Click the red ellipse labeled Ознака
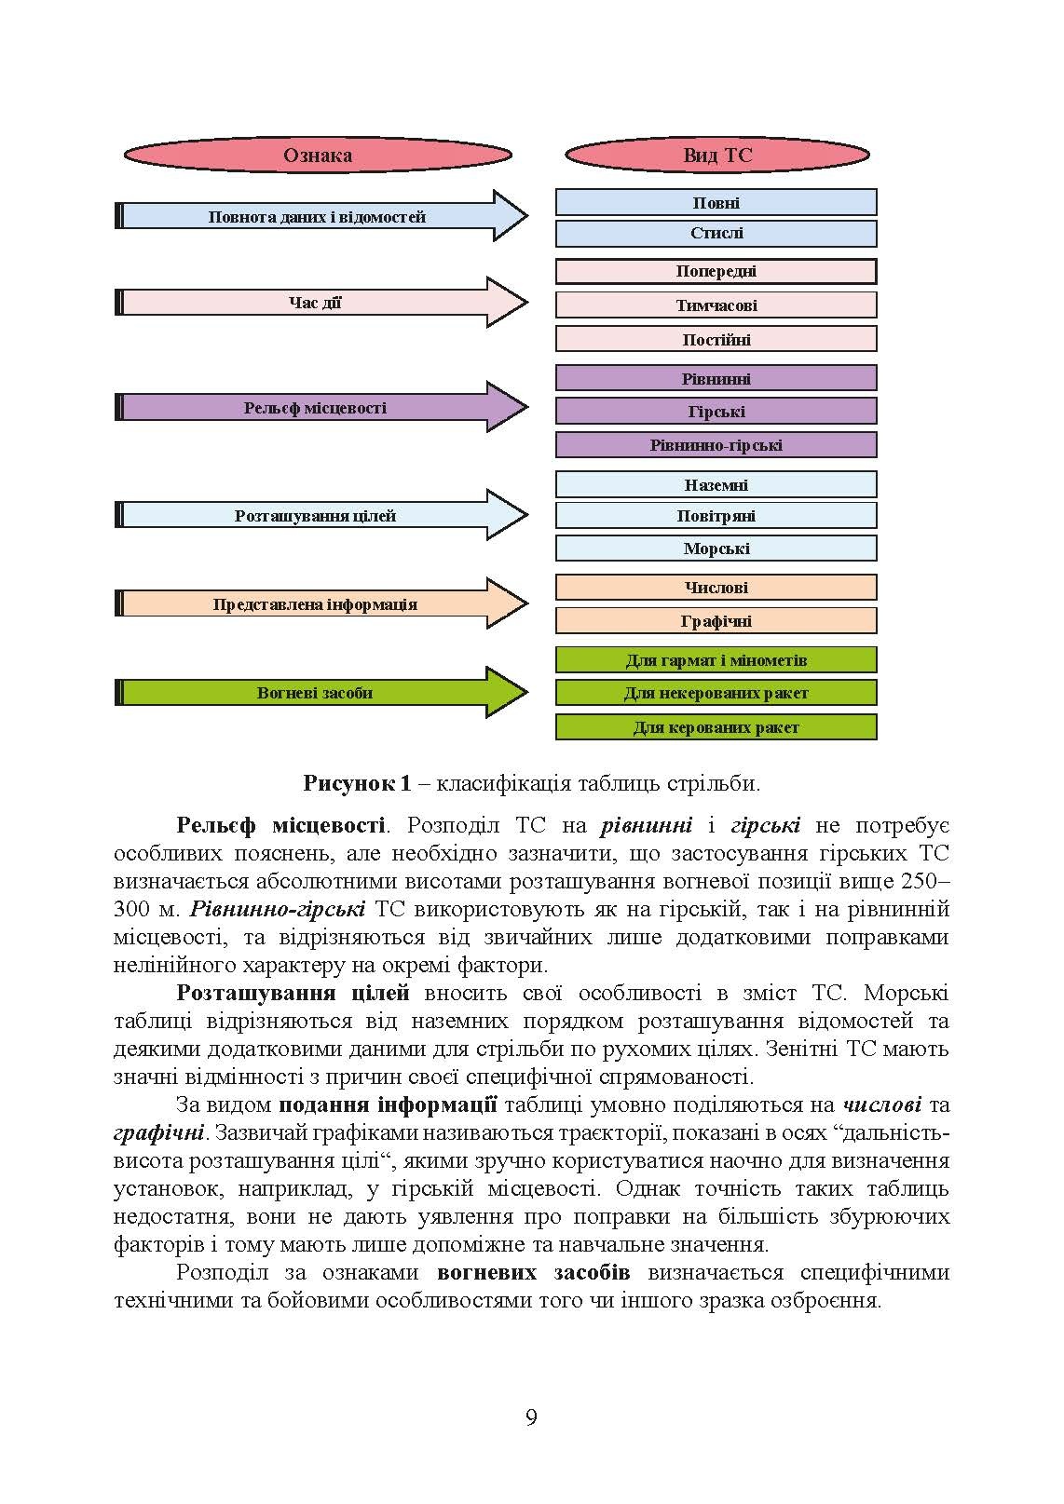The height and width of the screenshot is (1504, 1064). [318, 155]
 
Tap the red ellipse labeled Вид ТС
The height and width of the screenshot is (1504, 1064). [716, 155]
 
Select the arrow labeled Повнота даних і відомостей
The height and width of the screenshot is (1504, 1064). [317, 217]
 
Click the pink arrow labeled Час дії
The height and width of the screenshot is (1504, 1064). [317, 303]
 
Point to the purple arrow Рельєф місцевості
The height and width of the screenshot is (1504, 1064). [317, 408]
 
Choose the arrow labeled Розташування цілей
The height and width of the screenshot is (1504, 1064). [317, 515]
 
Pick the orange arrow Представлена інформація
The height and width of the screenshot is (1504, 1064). [317, 604]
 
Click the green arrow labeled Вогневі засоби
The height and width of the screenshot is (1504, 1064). [317, 693]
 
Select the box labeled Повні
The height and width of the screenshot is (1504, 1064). [716, 202]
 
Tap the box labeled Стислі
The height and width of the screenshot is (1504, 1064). [716, 233]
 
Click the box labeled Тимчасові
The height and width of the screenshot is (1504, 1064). [716, 305]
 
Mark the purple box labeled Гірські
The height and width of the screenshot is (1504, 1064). [716, 411]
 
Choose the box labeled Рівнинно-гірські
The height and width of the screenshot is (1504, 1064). [716, 444]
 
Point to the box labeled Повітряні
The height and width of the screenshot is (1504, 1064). [716, 515]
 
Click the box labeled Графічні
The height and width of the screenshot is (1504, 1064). [716, 620]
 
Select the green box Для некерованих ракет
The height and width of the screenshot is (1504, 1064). [716, 693]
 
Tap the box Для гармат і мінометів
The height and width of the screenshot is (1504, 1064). [716, 660]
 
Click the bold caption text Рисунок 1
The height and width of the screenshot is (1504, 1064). [357, 783]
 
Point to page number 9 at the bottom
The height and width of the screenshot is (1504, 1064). [531, 1417]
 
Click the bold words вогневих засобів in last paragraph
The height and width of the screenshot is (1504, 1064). [533, 1272]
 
